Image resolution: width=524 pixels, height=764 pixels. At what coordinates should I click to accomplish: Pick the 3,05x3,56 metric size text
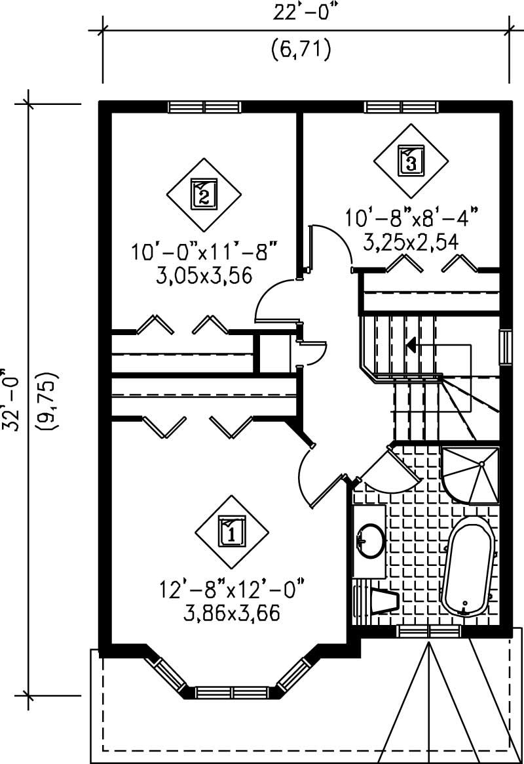click(x=204, y=276)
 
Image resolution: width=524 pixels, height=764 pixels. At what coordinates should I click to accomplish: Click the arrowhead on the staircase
click(x=411, y=344)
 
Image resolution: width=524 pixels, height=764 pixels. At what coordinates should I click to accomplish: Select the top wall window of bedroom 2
click(x=204, y=107)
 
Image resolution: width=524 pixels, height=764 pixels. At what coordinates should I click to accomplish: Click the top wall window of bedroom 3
click(x=401, y=107)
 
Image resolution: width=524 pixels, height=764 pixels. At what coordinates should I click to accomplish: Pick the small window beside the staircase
click(x=504, y=348)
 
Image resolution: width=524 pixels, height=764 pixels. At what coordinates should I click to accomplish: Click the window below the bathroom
click(x=428, y=632)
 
